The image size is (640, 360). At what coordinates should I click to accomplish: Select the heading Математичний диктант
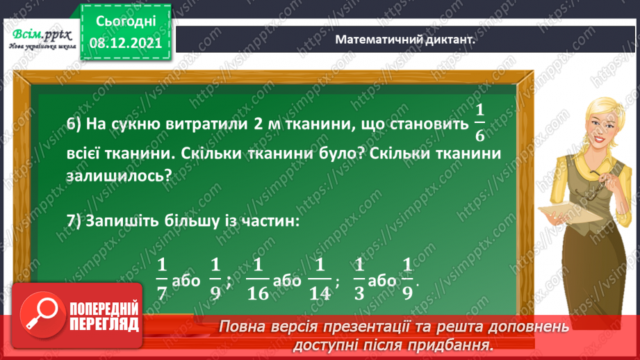[404, 40]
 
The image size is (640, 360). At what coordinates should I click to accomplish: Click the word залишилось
[115, 176]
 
